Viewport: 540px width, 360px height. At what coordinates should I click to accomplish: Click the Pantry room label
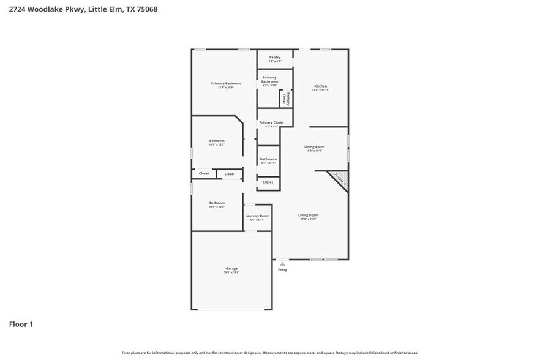[x=274, y=58]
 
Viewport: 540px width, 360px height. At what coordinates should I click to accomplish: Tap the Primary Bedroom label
[x=225, y=84]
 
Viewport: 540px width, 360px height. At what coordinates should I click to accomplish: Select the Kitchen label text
[x=321, y=86]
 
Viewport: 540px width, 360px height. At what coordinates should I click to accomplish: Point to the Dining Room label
[x=314, y=147]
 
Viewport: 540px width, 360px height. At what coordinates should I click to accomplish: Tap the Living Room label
[x=308, y=216]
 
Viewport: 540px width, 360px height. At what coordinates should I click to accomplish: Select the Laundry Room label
[x=257, y=216]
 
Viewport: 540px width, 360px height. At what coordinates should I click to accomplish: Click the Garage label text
[x=231, y=269]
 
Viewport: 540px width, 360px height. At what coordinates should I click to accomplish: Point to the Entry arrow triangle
[x=282, y=264]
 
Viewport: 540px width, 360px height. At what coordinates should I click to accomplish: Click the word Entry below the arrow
[x=282, y=270]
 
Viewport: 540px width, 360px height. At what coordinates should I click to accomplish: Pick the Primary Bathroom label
[x=269, y=80]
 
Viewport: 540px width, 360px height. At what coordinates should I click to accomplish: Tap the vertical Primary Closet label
[x=286, y=98]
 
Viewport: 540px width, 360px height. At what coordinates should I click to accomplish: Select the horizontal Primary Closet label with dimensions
[x=271, y=123]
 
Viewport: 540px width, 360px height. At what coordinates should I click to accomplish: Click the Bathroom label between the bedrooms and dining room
[x=268, y=160]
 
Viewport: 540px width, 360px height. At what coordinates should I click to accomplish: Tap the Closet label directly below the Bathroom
[x=268, y=182]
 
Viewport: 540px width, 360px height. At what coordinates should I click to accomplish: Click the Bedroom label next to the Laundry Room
[x=217, y=203]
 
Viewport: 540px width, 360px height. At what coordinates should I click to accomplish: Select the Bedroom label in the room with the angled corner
[x=217, y=141]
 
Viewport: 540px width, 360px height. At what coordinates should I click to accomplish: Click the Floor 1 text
[x=21, y=324]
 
